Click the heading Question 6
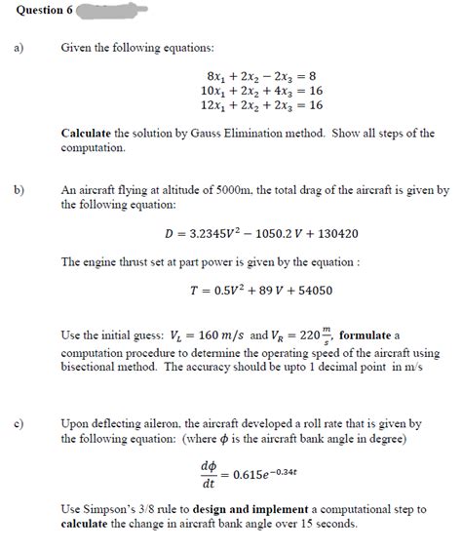tap(32, 10)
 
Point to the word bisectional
tap(91, 367)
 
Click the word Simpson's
tap(106, 510)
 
